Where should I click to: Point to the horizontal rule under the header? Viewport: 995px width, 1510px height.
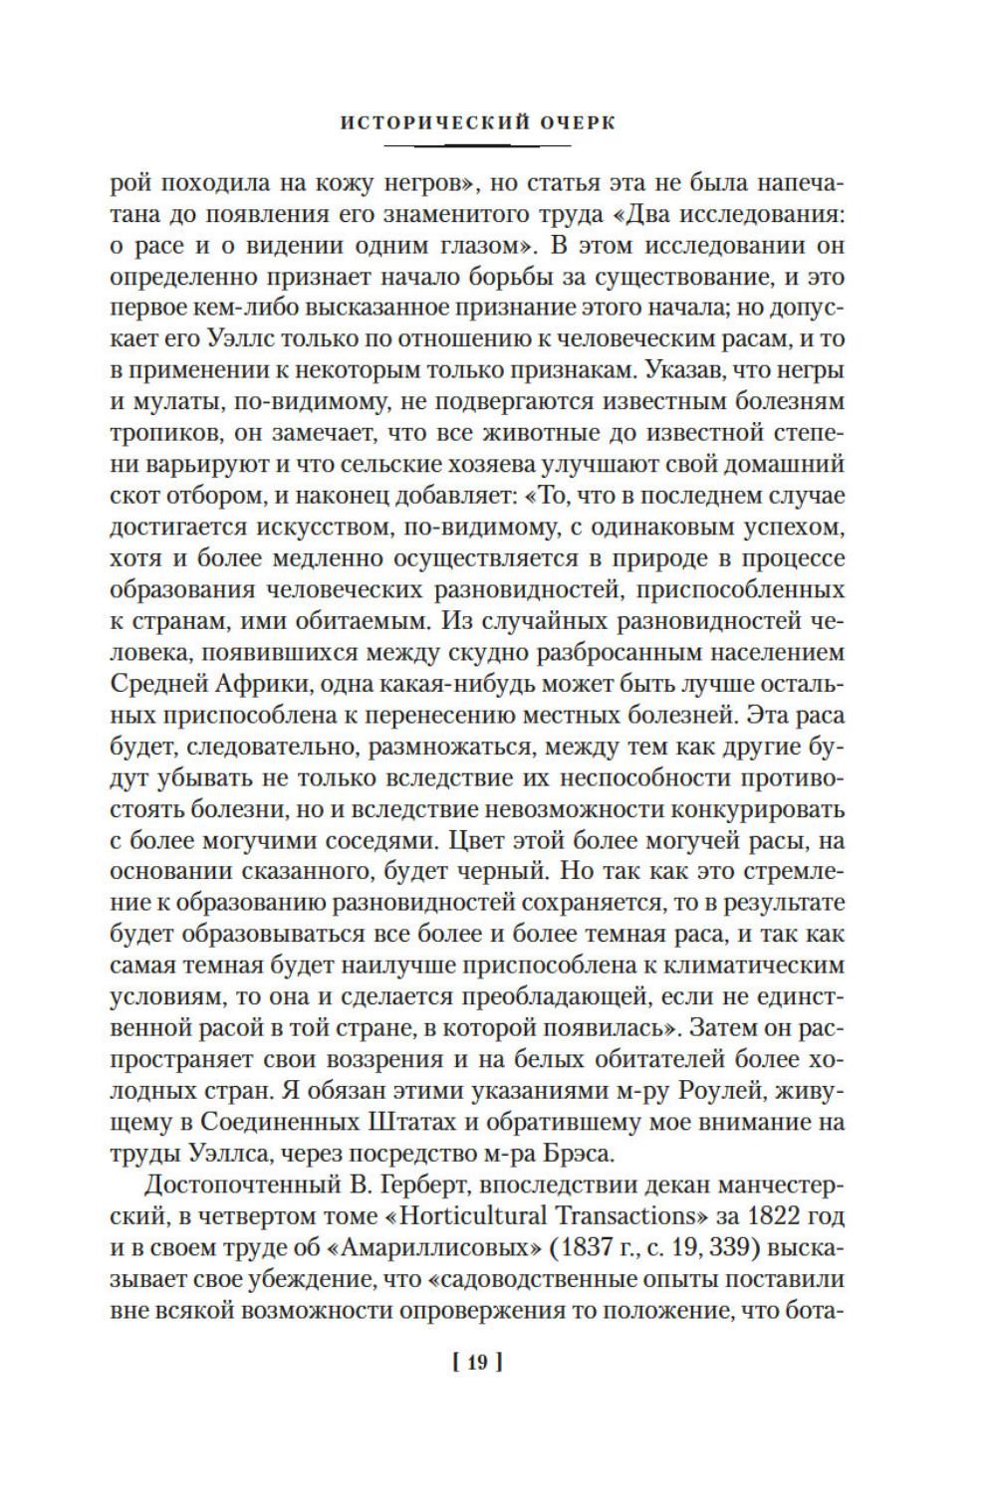pyautogui.click(x=497, y=145)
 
